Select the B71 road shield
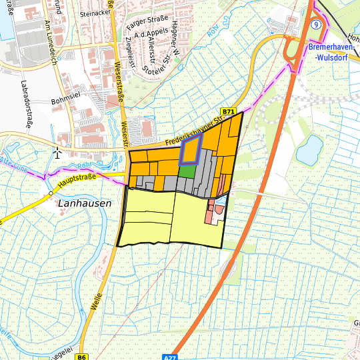click(229, 113)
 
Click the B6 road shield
click(82, 357)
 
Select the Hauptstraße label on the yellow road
click(77, 179)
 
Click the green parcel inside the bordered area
click(188, 171)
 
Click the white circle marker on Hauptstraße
click(50, 193)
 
